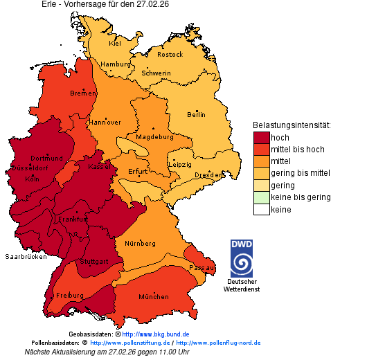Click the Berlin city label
pyautogui.click(x=196, y=114)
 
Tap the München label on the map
pyautogui.click(x=154, y=297)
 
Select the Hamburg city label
pyautogui.click(x=115, y=64)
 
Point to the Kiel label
pyautogui.click(x=115, y=43)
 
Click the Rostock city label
pyautogui.click(x=170, y=54)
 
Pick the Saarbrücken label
pyautogui.click(x=26, y=256)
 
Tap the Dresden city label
pyautogui.click(x=208, y=175)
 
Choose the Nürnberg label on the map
pyautogui.click(x=140, y=244)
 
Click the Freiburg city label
pyautogui.click(x=70, y=296)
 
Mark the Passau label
pyautogui.click(x=202, y=267)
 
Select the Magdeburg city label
pyautogui.click(x=154, y=136)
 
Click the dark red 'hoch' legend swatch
pyautogui.click(x=261, y=138)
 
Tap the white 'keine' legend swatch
pyautogui.click(x=261, y=209)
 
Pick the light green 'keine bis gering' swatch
pyautogui.click(x=261, y=197)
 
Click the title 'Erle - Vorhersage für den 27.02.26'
pyautogui.click(x=105, y=4)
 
